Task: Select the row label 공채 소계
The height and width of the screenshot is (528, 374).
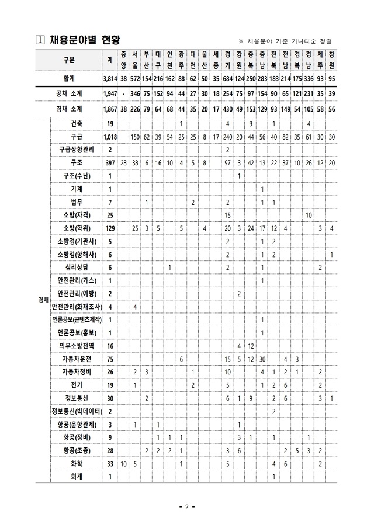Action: coord(72,93)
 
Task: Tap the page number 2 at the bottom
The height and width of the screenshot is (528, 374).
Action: coord(186,507)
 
